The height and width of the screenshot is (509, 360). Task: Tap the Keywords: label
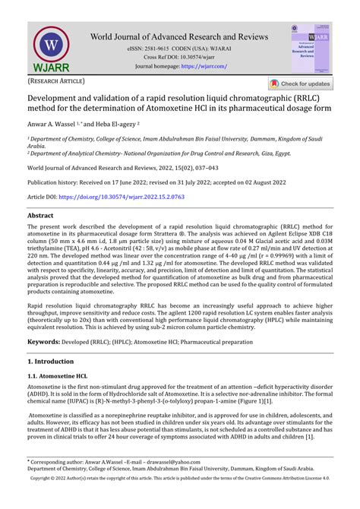coord(49,343)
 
